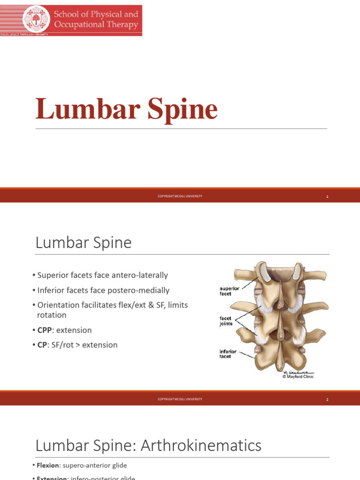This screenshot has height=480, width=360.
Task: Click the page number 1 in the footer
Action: [x=328, y=196]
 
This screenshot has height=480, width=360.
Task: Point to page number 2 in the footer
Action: [x=328, y=399]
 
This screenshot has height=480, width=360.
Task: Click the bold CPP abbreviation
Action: [x=47, y=330]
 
